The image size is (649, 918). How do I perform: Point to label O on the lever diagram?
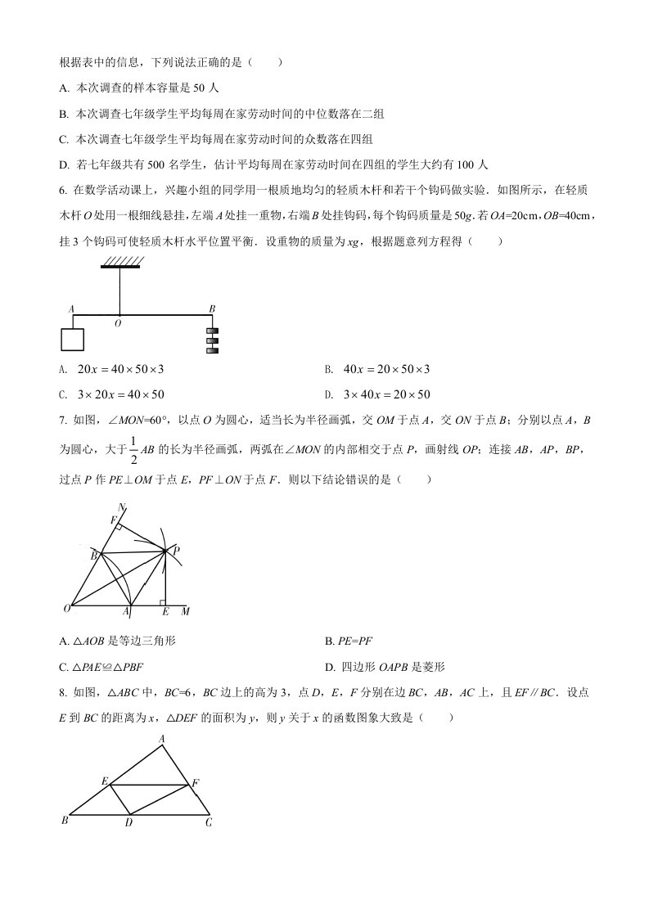(118, 324)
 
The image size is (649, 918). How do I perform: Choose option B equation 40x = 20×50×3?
(388, 370)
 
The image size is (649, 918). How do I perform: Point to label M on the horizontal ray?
(185, 611)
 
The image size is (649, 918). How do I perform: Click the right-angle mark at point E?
(162, 602)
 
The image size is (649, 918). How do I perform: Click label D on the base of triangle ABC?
(128, 822)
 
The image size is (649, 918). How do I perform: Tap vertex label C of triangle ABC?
(209, 822)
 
